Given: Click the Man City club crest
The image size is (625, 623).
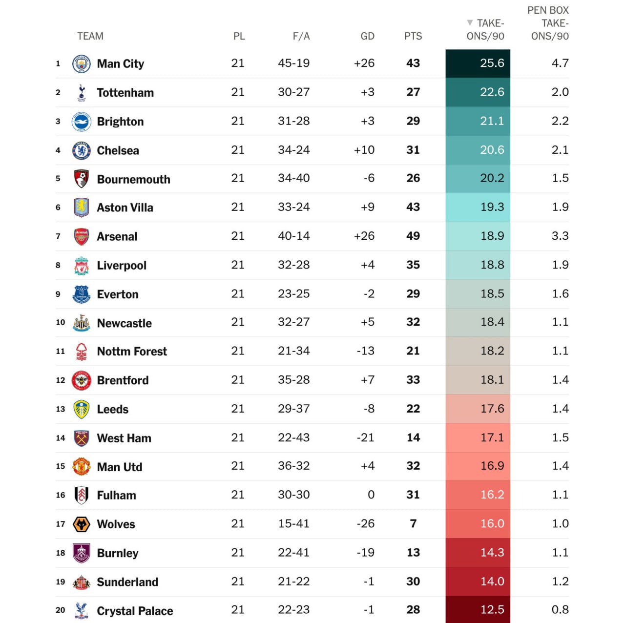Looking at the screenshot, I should pyautogui.click(x=82, y=64).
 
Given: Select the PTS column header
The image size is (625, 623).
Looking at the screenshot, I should pyautogui.click(x=413, y=36).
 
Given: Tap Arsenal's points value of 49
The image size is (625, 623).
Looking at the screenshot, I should pyautogui.click(x=413, y=236).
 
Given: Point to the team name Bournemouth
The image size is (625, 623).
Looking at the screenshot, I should pyautogui.click(x=133, y=179).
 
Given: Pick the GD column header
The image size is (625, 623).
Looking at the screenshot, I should pyautogui.click(x=367, y=36).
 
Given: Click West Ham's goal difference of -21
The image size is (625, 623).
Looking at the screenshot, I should pyautogui.click(x=365, y=437).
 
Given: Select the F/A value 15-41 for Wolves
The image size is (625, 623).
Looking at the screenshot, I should pyautogui.click(x=293, y=524).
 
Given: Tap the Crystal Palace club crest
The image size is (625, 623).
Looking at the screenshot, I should pyautogui.click(x=82, y=610).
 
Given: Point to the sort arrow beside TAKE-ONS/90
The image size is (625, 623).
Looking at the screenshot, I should pyautogui.click(x=470, y=22).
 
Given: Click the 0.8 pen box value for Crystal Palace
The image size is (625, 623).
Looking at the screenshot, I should pyautogui.click(x=560, y=610).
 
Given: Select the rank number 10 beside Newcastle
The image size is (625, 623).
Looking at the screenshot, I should pyautogui.click(x=61, y=323).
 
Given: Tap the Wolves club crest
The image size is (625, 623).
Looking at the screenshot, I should pyautogui.click(x=82, y=524).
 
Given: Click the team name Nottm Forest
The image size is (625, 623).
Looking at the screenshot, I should pyautogui.click(x=132, y=352).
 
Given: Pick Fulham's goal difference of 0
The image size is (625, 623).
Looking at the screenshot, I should pyautogui.click(x=371, y=495).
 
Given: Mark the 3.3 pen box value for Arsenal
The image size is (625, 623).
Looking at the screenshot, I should pyautogui.click(x=560, y=236).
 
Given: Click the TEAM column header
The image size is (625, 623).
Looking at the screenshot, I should pyautogui.click(x=90, y=36).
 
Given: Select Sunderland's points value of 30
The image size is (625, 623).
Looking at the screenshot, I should pyautogui.click(x=413, y=581).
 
